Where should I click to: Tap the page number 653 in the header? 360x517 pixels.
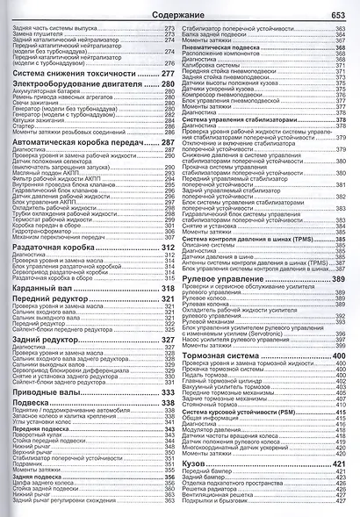(338, 15)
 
